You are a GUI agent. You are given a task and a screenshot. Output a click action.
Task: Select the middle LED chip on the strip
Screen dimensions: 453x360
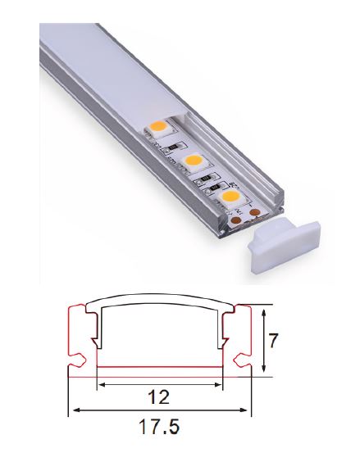[194, 162]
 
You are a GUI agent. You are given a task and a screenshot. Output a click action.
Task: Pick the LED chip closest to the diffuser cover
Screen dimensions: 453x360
[159, 128]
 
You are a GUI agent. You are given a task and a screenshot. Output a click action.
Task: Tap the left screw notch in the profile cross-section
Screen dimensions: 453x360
[80, 358]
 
